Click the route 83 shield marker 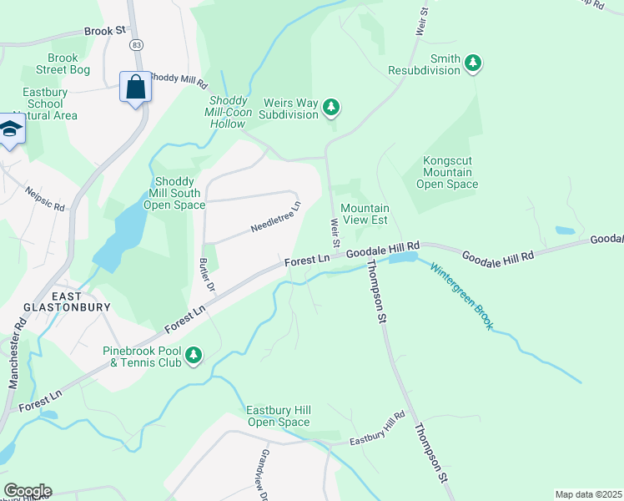(136, 43)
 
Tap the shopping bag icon (135, 87)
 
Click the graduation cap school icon (10, 129)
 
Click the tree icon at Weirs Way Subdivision (332, 107)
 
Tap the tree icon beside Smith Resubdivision (474, 63)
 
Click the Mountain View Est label (365, 215)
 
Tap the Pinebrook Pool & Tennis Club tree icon (194, 357)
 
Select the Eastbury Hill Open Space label (279, 416)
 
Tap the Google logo (27, 491)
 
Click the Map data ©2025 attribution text (587, 494)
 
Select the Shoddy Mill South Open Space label (174, 194)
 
